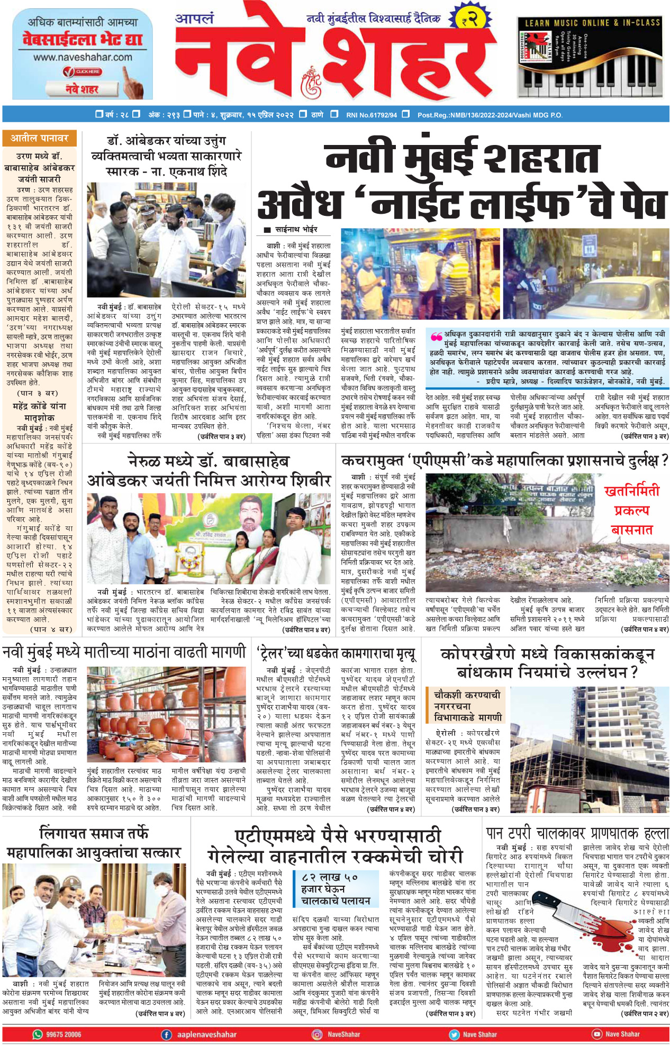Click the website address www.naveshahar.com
[83, 57]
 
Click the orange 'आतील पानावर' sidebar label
[40, 139]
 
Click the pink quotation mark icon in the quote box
[436, 336]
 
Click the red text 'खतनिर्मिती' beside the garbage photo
[632, 491]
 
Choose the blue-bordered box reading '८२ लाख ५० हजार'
[336, 888]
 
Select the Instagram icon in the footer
[317, 1034]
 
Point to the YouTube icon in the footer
[597, 1034]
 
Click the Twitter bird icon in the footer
[454, 1034]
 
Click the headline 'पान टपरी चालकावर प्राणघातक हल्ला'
[577, 833]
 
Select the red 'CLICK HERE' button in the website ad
[87, 71]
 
